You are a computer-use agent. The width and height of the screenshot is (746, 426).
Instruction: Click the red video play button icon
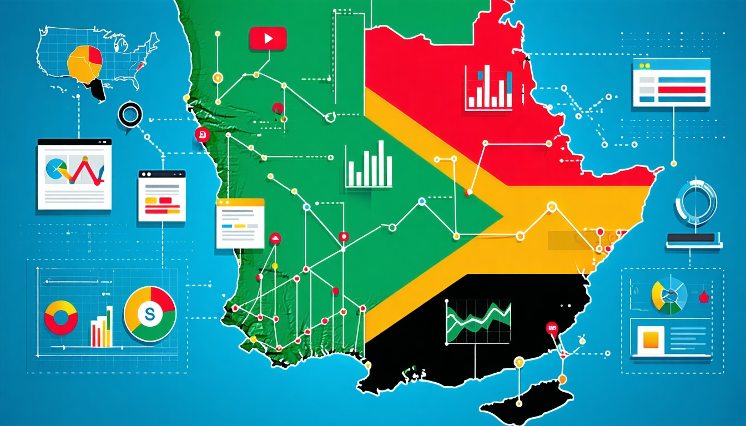pos(268,38)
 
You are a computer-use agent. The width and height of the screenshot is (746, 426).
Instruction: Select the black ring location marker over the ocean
pos(130,115)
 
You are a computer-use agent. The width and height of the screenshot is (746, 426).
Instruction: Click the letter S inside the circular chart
pos(149,315)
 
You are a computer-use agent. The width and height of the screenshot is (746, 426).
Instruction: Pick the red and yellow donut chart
pos(61,317)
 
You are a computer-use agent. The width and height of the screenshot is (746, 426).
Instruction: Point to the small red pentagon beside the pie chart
pos(704,296)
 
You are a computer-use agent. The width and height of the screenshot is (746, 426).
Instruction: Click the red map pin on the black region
pos(551,328)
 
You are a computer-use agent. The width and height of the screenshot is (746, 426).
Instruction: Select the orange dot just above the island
pos(562,379)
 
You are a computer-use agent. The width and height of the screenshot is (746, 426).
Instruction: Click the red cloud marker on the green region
pos(275,239)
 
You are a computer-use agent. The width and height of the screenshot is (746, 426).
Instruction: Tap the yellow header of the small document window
pos(240,202)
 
